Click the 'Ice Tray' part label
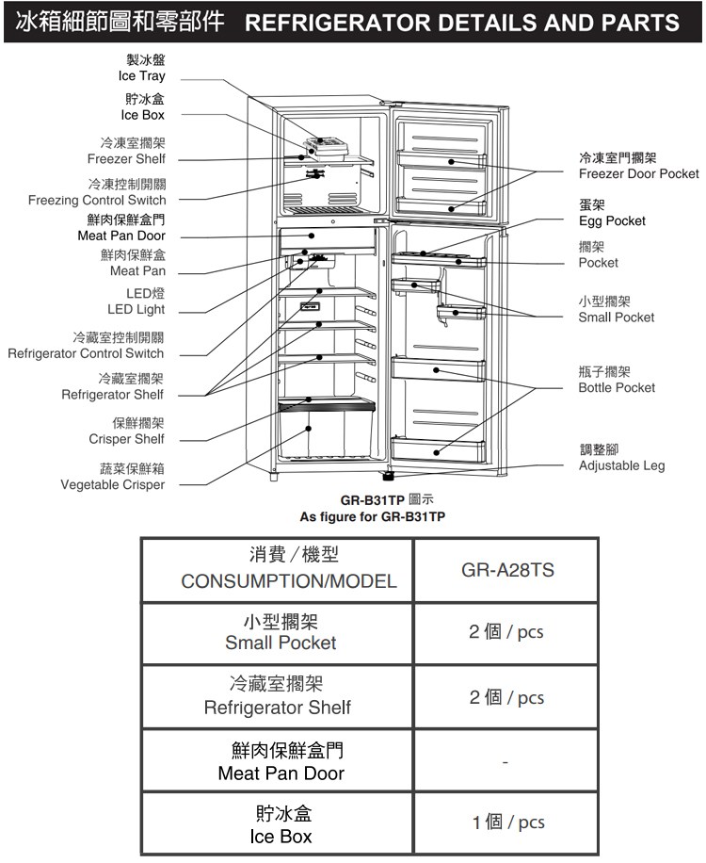(x=141, y=75)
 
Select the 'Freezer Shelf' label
(x=126, y=158)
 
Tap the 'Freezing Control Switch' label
(x=96, y=200)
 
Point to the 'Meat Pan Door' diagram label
(x=120, y=235)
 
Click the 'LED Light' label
(x=136, y=309)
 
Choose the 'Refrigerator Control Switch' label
(x=86, y=353)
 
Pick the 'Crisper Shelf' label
(x=126, y=439)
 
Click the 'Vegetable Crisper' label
(x=112, y=484)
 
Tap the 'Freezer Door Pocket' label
(x=638, y=173)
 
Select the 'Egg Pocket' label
(x=612, y=220)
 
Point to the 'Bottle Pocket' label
(x=617, y=387)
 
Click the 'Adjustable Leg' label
(x=621, y=465)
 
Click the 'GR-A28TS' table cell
(x=507, y=571)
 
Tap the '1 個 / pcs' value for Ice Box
(x=507, y=822)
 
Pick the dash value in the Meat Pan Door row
(x=506, y=761)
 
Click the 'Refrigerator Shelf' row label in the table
(x=278, y=707)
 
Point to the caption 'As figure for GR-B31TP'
(x=373, y=517)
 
